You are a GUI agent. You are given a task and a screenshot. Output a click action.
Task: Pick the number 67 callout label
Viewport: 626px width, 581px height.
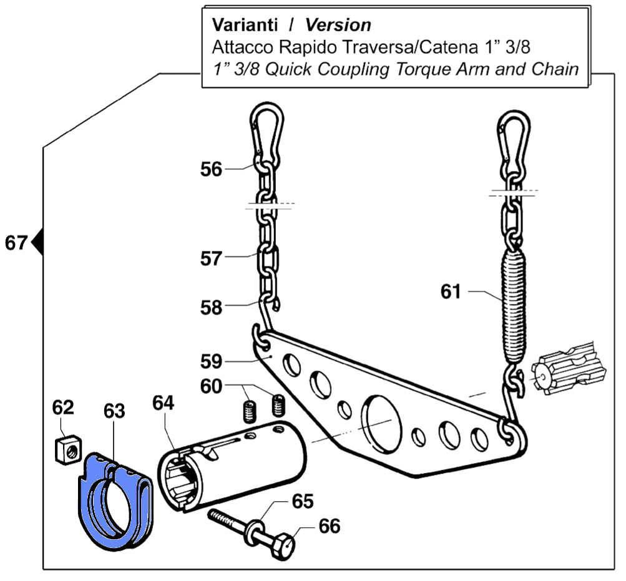click(17, 242)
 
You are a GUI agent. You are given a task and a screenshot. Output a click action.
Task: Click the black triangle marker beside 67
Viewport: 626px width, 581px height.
click(37, 242)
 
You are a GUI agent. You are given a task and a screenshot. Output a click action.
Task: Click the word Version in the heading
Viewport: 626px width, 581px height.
click(338, 26)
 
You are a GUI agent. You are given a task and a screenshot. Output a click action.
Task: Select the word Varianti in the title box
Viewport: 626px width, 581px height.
click(244, 26)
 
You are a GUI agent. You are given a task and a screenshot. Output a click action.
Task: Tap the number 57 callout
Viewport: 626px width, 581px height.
click(211, 258)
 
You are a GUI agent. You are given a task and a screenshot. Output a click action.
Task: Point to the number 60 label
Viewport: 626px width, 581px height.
click(211, 387)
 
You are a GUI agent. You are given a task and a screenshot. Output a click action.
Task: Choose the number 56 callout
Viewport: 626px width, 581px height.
click(211, 169)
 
